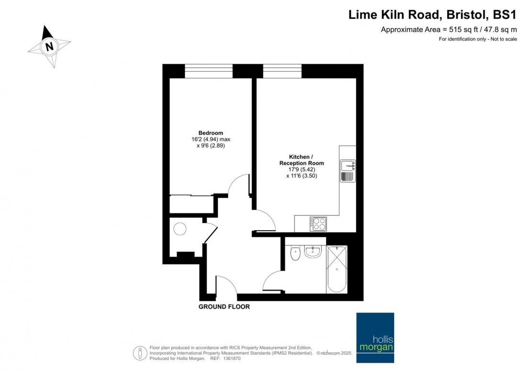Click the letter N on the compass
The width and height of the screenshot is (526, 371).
click(x=49, y=46)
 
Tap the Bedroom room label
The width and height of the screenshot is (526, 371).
click(x=211, y=133)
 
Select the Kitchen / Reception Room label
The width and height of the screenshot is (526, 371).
click(x=302, y=160)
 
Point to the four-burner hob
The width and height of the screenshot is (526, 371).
click(x=318, y=223)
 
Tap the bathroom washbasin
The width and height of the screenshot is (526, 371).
click(x=313, y=252)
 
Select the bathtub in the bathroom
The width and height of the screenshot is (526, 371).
click(x=337, y=269)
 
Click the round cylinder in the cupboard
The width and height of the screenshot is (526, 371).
click(x=180, y=229)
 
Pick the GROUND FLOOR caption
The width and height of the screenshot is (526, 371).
click(x=224, y=307)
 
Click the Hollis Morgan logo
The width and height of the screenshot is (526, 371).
click(x=375, y=338)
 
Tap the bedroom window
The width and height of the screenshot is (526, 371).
click(x=208, y=71)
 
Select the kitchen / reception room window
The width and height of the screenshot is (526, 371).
click(x=282, y=71)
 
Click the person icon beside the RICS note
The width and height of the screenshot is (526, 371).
click(x=140, y=353)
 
